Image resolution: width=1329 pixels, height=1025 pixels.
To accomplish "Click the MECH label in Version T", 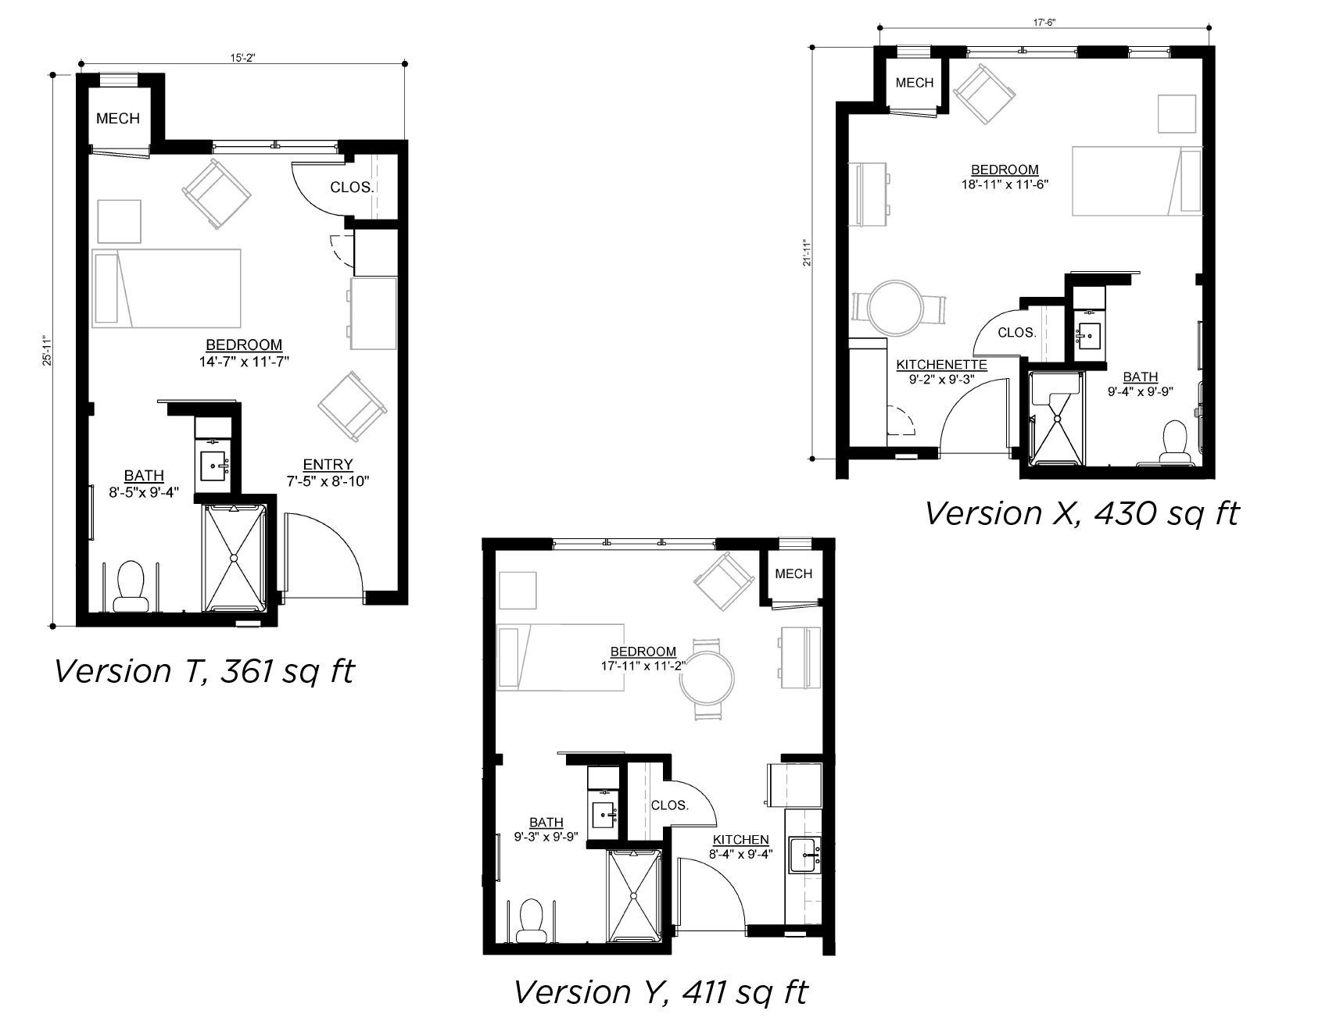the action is [x=118, y=119].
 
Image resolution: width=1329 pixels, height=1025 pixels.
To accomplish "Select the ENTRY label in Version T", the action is [x=328, y=465].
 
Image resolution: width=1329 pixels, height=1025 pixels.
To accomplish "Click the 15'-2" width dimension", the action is [x=243, y=56].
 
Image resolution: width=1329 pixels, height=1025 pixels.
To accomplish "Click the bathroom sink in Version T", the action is [x=214, y=466].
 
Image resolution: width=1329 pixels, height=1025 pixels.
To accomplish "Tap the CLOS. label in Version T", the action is [x=352, y=187].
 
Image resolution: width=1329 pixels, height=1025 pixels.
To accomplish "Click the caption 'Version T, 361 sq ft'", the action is [x=205, y=670].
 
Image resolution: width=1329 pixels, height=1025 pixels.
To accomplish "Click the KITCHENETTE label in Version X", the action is [x=941, y=365].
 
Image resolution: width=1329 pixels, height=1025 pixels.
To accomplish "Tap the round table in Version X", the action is [x=895, y=308].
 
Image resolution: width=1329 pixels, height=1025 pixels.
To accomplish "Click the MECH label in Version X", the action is [x=915, y=83].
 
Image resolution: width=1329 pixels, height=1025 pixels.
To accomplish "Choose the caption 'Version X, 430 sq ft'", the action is [x=1083, y=513].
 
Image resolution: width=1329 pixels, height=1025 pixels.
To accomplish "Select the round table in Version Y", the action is [x=707, y=679].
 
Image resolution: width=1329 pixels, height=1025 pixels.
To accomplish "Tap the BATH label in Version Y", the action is [x=546, y=823].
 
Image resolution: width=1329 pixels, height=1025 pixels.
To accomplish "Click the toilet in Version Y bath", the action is [x=532, y=921].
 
